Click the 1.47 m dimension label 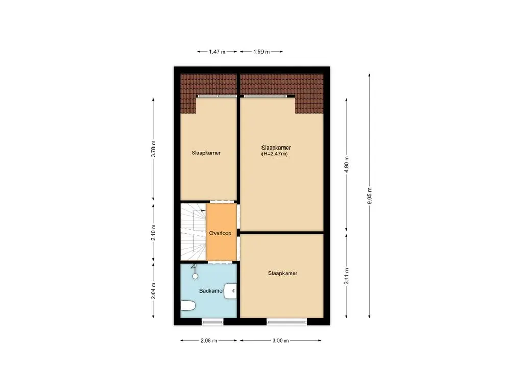(217, 52)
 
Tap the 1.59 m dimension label (261, 52)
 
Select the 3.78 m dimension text (154, 150)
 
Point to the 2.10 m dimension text (154, 233)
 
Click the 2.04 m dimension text (154, 291)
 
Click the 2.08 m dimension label (209, 340)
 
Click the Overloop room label (221, 233)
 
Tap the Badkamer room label (211, 291)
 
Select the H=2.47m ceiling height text (274, 153)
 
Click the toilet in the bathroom (187, 306)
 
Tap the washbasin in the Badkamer (232, 291)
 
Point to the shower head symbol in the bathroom (195, 275)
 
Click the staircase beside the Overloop (192, 233)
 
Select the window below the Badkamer (212, 321)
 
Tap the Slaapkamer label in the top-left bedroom (206, 153)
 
